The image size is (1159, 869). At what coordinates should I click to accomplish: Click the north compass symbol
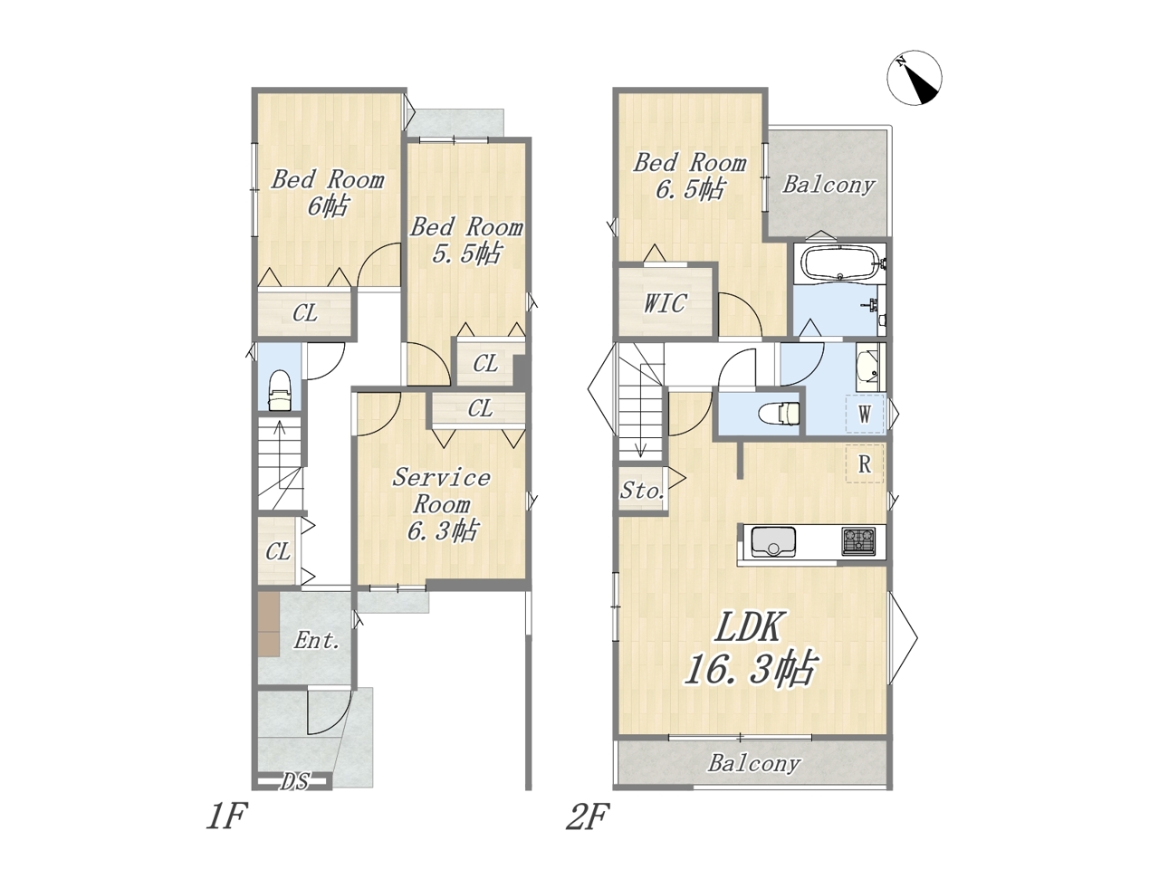coord(914,78)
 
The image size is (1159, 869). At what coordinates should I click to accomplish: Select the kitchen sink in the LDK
coord(773,542)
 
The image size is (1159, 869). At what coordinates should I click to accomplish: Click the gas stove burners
coord(858,540)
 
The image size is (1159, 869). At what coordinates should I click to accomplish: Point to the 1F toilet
coord(279,389)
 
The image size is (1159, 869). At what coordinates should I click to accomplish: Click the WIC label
coord(665,303)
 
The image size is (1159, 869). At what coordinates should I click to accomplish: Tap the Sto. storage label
coord(642,491)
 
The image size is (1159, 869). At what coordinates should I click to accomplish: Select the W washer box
coord(865,415)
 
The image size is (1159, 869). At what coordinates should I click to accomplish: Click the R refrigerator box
coord(865,463)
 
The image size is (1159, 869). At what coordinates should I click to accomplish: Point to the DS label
coord(294,781)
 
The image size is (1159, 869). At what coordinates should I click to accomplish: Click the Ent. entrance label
coord(316,641)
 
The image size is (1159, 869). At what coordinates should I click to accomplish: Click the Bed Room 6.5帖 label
coord(690,176)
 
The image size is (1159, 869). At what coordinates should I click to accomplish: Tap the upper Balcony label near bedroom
coord(828,185)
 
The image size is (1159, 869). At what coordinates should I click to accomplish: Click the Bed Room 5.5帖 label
coord(466,240)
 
